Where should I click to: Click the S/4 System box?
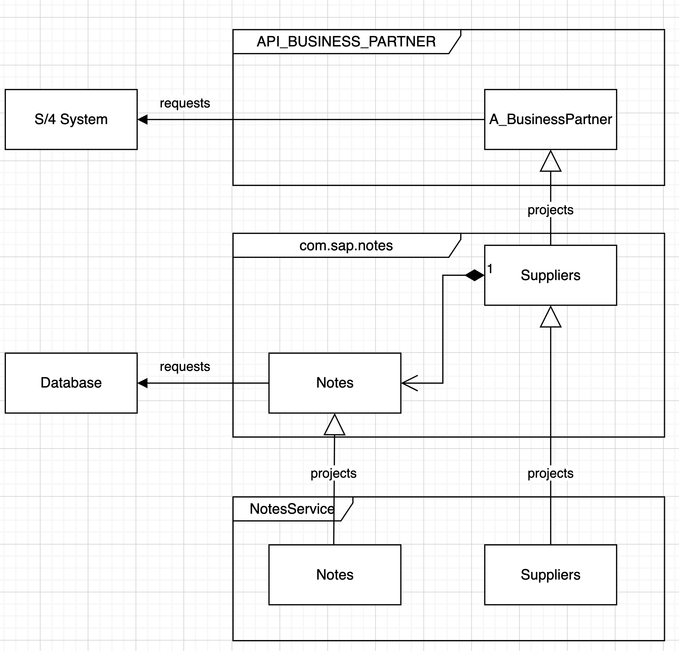(71, 119)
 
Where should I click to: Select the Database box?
(71, 383)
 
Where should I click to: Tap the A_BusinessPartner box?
(550, 119)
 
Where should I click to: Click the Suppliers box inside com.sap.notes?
(550, 275)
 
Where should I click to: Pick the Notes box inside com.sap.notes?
(335, 383)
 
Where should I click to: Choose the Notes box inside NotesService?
(335, 575)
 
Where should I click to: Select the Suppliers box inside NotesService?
(550, 575)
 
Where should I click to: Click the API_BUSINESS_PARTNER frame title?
(346, 42)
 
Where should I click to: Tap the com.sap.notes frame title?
(346, 246)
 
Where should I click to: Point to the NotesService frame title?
(292, 509)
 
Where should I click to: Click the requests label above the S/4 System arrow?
(185, 103)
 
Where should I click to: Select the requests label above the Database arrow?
(185, 367)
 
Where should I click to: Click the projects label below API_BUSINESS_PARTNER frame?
(550, 210)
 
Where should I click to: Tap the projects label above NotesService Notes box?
(334, 474)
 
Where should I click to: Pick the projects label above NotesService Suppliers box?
(550, 474)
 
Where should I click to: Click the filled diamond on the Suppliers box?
(474, 275)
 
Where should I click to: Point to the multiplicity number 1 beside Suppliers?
(490, 269)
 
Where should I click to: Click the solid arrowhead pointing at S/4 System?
(143, 119)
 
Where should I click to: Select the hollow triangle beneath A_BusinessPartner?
(550, 161)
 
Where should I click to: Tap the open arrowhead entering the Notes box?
(410, 383)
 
